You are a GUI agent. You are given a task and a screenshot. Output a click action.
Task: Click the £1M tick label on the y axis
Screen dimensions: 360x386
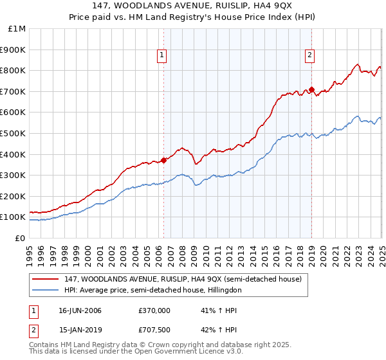coord(17,29)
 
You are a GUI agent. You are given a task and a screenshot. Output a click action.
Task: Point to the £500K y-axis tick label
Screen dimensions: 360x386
coord(14,134)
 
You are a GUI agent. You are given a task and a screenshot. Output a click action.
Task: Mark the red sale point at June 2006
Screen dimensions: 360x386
coord(164,161)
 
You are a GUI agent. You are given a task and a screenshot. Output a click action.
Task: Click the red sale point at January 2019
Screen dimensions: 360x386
coord(311,89)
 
